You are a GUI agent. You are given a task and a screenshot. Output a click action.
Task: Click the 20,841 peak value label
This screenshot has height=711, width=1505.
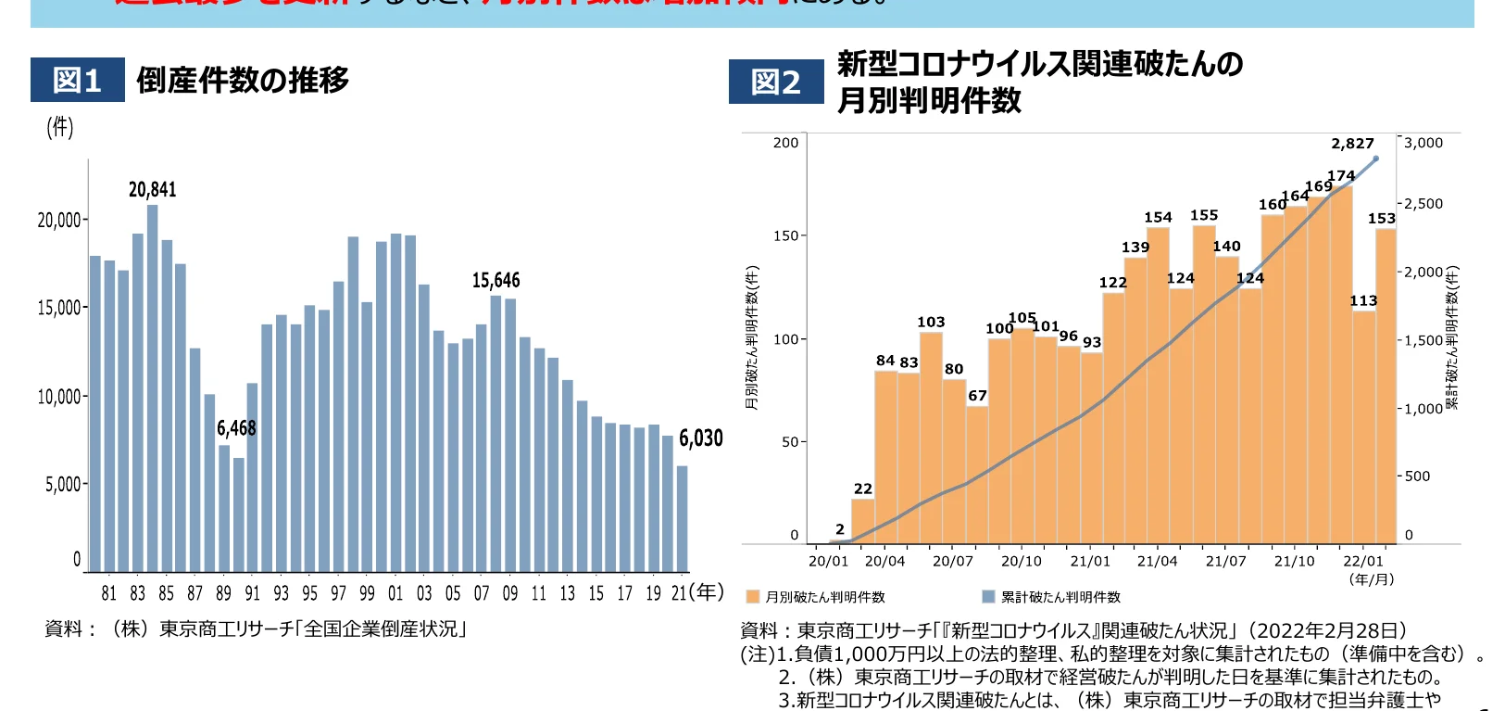click(x=152, y=190)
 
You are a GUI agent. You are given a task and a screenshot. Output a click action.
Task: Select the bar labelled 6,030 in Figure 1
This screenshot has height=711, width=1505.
click(x=682, y=518)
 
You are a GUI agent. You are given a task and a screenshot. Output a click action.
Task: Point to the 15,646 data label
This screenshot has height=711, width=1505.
click(x=495, y=281)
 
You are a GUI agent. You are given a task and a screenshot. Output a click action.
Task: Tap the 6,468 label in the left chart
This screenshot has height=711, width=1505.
click(x=236, y=428)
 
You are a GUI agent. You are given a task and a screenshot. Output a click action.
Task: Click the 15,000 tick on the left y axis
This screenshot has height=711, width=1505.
click(x=60, y=308)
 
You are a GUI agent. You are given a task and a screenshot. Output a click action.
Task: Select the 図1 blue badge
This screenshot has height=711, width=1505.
click(x=77, y=81)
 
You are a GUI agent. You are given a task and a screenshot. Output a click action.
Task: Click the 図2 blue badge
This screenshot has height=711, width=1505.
click(x=775, y=83)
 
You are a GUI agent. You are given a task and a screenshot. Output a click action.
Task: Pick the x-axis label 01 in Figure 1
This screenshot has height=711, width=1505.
click(x=395, y=593)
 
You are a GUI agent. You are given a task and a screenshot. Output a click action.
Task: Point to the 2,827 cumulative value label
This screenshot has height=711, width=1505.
click(x=1352, y=144)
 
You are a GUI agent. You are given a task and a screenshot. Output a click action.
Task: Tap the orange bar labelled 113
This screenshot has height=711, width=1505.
click(x=1363, y=426)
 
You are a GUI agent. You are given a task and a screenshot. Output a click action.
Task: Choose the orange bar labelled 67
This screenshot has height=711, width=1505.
click(x=977, y=475)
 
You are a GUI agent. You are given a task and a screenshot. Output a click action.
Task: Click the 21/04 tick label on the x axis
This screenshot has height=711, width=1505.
click(x=1157, y=561)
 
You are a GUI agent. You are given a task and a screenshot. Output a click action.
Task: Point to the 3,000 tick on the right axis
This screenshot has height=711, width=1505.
click(x=1423, y=143)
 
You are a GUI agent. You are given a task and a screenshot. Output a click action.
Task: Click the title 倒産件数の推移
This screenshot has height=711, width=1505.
click(x=243, y=81)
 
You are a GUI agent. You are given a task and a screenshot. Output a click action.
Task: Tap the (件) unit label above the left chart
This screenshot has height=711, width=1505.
click(x=60, y=127)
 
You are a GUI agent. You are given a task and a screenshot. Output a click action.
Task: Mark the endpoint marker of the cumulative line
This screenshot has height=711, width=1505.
click(x=1375, y=159)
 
